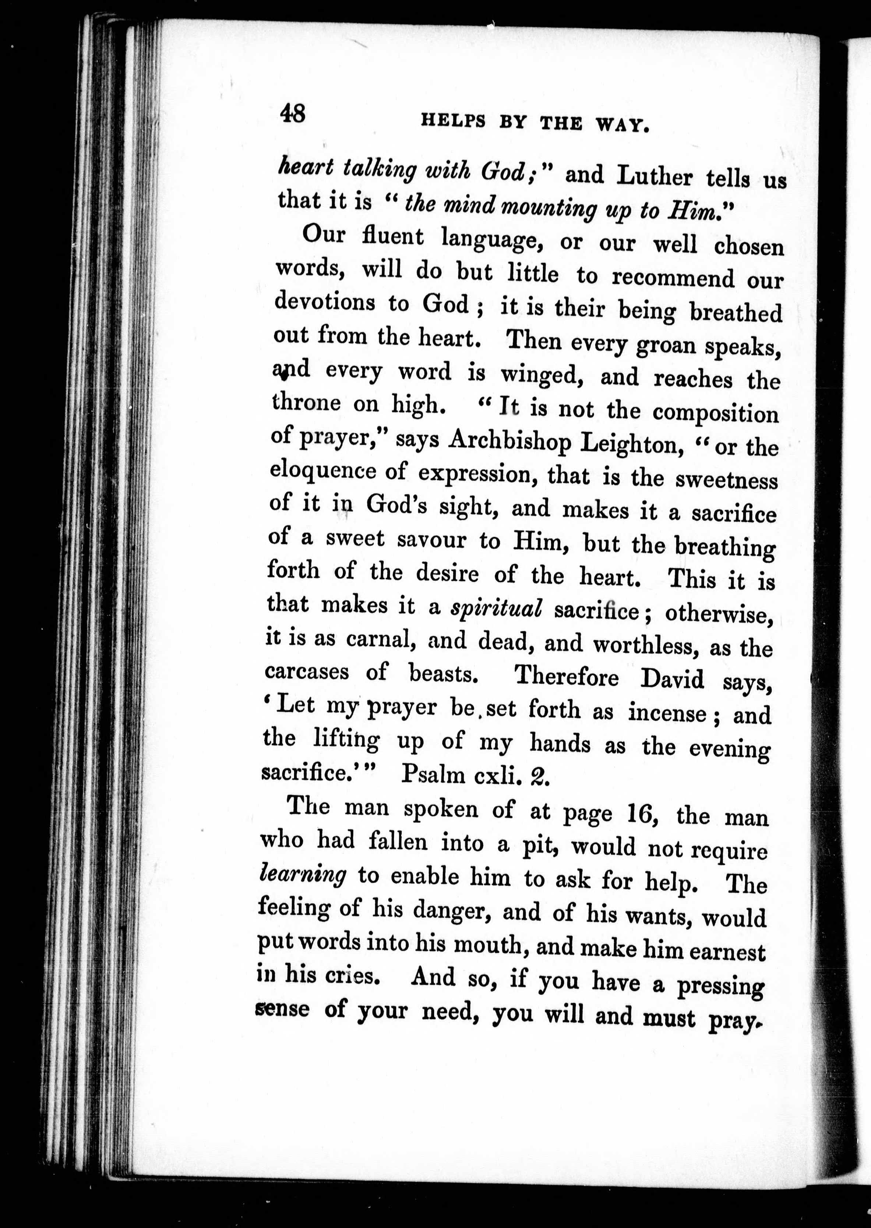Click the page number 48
click(292, 114)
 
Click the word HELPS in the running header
click(453, 122)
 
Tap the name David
click(671, 680)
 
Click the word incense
click(667, 714)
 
